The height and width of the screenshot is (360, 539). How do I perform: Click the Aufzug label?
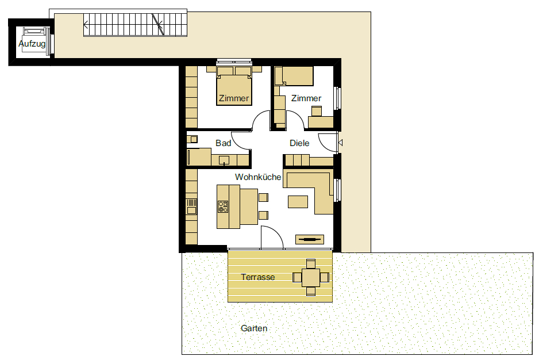click(32, 44)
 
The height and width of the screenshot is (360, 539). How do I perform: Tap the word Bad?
click(223, 143)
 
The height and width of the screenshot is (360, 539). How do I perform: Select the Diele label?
click(299, 143)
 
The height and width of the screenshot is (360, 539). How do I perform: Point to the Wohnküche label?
click(258, 177)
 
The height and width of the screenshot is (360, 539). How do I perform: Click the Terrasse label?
click(258, 277)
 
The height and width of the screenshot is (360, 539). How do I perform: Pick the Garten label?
click(254, 328)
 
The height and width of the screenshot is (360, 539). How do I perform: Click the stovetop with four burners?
click(223, 206)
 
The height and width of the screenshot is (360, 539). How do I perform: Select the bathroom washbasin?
click(224, 160)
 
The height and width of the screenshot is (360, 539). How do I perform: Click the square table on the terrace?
click(311, 277)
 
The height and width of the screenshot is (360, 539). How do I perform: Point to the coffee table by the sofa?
click(298, 202)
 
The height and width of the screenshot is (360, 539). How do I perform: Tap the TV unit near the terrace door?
click(310, 240)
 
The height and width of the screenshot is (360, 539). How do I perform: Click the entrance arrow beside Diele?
click(340, 143)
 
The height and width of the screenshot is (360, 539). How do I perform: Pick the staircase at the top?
click(136, 24)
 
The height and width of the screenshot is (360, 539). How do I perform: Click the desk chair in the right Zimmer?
click(316, 111)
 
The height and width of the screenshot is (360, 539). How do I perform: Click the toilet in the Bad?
click(192, 139)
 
